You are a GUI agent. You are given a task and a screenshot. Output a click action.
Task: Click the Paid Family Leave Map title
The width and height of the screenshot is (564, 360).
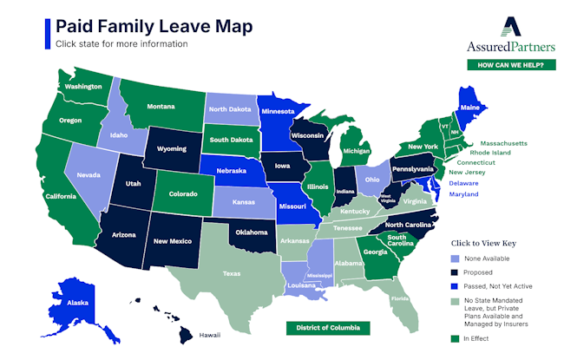[x=154, y=26]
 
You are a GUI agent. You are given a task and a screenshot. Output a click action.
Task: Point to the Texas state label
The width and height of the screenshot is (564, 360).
[x=232, y=273]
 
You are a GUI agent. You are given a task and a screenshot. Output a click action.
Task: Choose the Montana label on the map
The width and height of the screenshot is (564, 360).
[x=161, y=106]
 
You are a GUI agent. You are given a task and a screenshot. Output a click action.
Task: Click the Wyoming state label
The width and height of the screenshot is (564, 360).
[x=173, y=148]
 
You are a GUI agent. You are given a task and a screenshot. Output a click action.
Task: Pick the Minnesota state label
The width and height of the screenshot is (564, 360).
[x=279, y=112]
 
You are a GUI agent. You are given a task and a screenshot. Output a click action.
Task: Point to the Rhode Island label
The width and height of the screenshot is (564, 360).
[x=490, y=153]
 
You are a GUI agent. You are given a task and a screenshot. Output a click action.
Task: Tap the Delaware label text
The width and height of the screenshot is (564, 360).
[x=463, y=183]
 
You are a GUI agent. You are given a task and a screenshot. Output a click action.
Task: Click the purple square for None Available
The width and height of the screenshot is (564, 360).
[x=456, y=258]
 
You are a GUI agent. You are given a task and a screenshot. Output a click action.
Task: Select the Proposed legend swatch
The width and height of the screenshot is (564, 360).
[x=456, y=272]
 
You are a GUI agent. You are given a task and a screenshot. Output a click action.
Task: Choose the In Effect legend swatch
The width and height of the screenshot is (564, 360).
[x=456, y=338]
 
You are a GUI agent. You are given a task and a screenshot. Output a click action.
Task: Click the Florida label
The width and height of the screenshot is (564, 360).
[x=399, y=300]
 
